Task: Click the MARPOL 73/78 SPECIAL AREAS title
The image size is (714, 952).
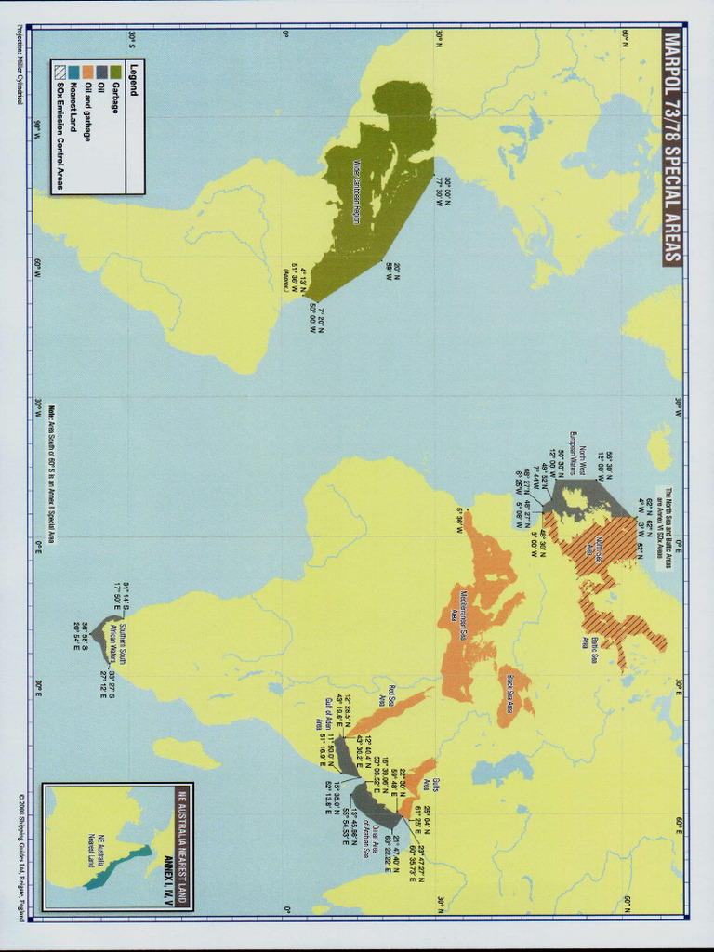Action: [x=672, y=149]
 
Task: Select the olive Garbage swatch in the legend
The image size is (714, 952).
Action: [x=116, y=72]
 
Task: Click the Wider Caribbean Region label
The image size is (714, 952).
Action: [x=356, y=191]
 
